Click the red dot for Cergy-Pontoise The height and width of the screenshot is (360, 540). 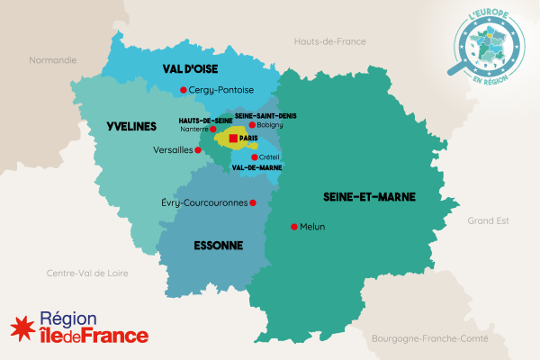click(x=184, y=89)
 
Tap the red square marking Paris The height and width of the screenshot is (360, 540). click(x=233, y=139)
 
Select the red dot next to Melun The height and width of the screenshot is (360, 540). click(x=293, y=227)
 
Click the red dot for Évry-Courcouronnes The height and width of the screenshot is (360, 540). click(x=254, y=202)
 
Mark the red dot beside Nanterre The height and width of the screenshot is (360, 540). click(x=212, y=130)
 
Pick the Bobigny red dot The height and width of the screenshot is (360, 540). click(x=253, y=125)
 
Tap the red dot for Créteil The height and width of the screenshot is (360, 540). click(x=255, y=157)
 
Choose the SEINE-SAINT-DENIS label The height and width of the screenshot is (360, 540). click(x=265, y=115)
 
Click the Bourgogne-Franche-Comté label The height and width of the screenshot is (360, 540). click(x=428, y=338)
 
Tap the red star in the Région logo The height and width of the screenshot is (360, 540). click(x=22, y=327)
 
